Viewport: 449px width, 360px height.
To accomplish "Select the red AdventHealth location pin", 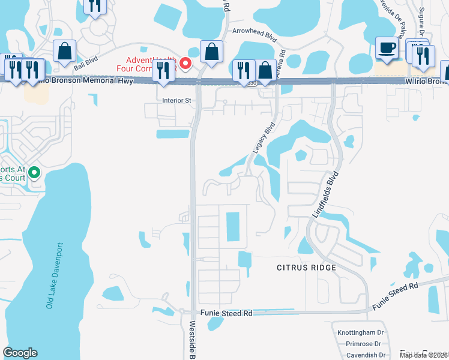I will [186, 63].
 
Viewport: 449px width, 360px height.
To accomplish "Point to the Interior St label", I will [176, 100].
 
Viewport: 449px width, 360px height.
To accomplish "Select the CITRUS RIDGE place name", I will [306, 267].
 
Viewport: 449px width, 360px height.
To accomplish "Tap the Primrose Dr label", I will [363, 344].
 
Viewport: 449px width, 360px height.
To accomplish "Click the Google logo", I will [20, 353].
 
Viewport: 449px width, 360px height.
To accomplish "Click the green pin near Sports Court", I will [34, 174].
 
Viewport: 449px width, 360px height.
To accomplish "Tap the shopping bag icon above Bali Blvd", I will [64, 52].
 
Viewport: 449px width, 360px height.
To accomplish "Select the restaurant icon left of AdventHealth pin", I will [163, 70].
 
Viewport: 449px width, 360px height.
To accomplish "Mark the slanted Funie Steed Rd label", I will [395, 296].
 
